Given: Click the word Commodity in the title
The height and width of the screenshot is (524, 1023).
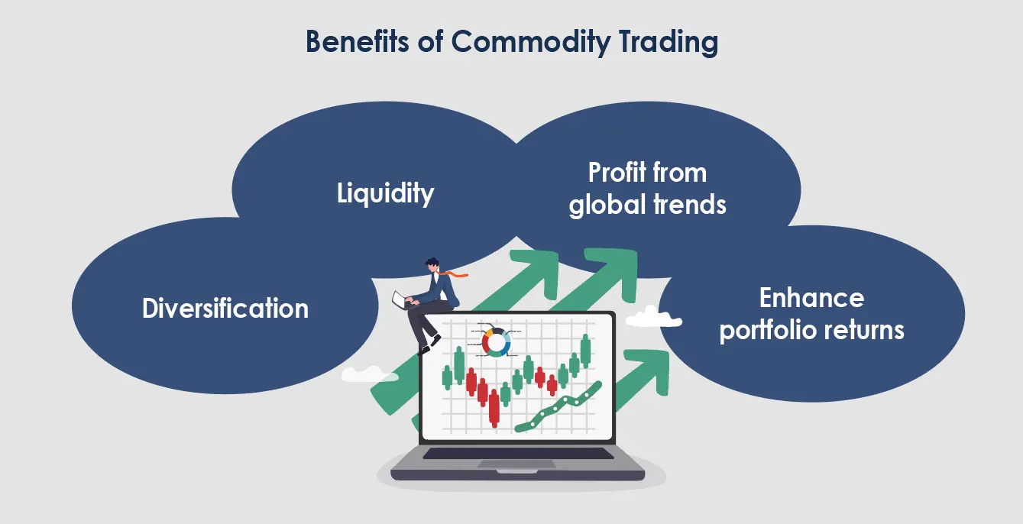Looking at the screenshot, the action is [531, 42].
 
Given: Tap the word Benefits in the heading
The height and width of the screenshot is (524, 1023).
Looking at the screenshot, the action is [357, 41].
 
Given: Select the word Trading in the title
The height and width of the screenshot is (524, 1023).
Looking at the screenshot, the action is [669, 43].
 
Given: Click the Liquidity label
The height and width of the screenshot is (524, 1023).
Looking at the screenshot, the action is [386, 193].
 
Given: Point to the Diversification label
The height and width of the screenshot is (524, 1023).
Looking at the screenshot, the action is [225, 308].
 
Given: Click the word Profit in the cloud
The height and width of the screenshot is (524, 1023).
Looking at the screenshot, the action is [615, 173].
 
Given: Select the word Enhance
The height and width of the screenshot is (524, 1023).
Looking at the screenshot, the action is [811, 298].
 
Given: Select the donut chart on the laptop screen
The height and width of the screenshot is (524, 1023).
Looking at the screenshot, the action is [496, 342].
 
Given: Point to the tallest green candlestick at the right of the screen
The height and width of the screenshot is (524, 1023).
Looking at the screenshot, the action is [585, 351].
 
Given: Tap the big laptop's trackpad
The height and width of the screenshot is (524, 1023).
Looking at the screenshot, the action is [516, 464].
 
